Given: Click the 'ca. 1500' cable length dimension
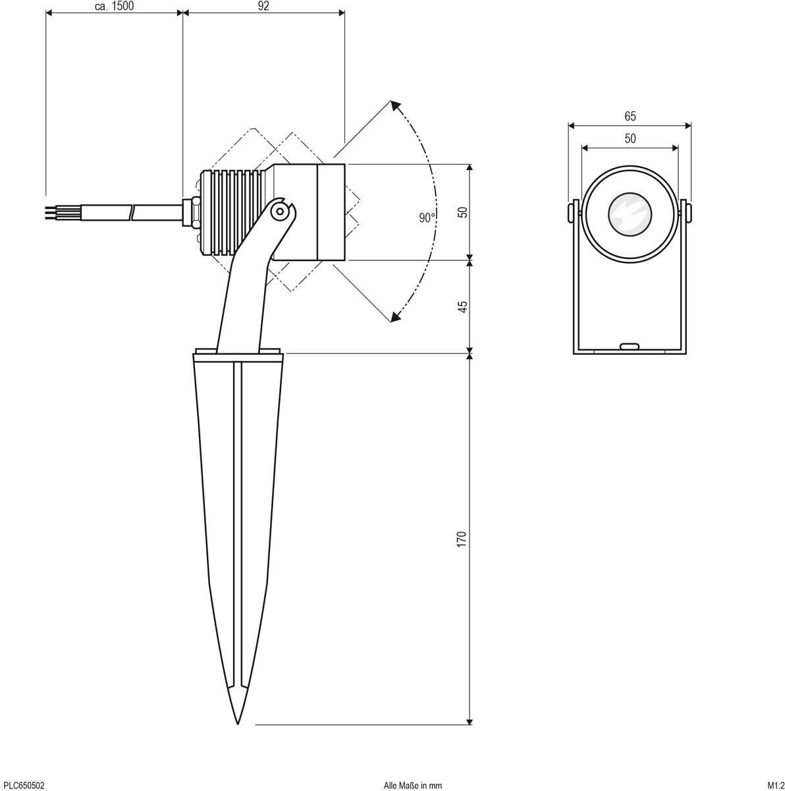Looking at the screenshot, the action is (x=115, y=6).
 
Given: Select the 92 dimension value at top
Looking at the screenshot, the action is (x=263, y=6).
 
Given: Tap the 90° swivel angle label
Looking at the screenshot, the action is (x=427, y=218).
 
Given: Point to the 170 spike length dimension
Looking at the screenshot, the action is (x=462, y=539).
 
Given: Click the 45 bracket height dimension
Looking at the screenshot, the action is (x=462, y=307).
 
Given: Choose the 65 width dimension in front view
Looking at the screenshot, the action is (x=630, y=117).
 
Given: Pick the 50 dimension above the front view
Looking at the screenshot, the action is (x=630, y=138).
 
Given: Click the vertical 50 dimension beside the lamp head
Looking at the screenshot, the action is (x=462, y=212).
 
